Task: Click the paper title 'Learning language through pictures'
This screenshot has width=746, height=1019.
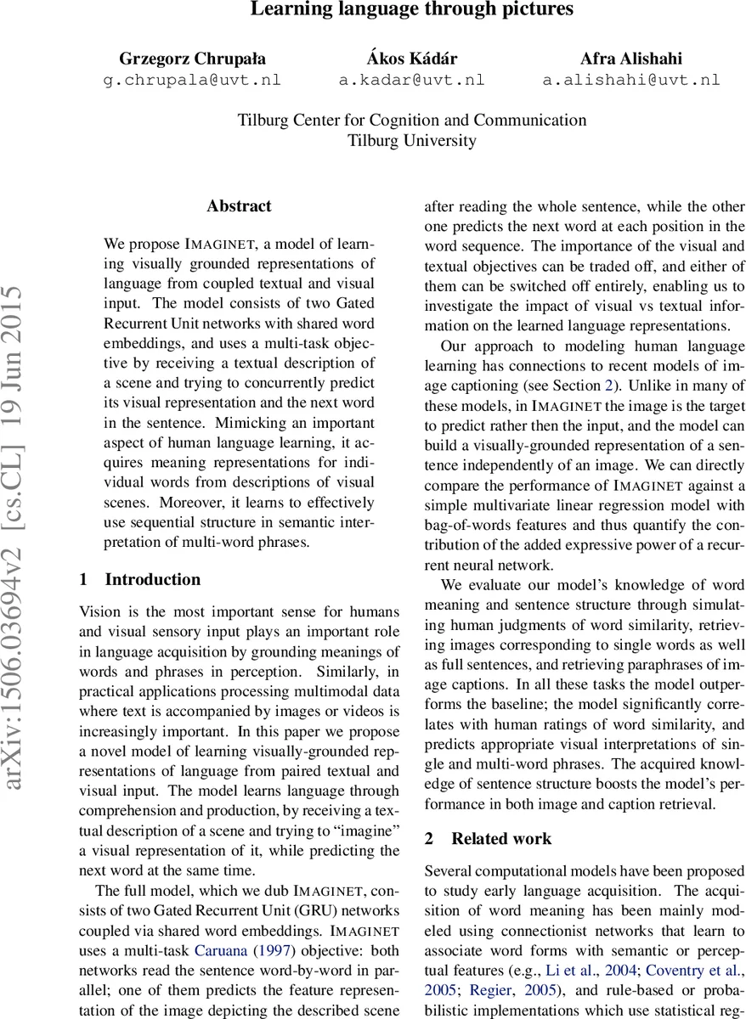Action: pos(412,10)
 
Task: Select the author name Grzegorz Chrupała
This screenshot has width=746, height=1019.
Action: pos(192,59)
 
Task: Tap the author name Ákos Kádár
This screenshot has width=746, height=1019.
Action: pos(412,59)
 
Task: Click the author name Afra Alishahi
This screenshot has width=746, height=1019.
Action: pos(630,59)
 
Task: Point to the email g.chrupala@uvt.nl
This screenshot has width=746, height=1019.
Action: pos(192,81)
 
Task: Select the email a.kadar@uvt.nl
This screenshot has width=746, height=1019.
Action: pos(412,81)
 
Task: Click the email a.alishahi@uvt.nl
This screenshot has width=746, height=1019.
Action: pos(630,81)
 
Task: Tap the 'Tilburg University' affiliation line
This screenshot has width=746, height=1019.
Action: pos(412,141)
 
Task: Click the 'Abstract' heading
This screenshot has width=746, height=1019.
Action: pos(239,206)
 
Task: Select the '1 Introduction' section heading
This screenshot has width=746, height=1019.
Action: pos(140,580)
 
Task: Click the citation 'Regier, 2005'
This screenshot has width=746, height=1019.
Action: pos(490,989)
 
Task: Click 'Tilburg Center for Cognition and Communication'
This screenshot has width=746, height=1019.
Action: pos(412,120)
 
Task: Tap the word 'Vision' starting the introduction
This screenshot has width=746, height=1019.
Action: pos(99,611)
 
